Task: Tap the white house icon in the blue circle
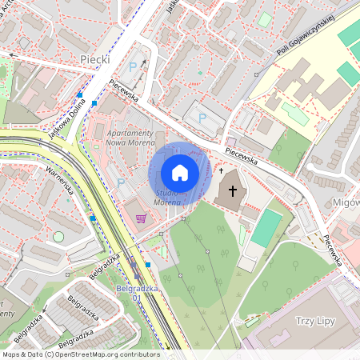[180, 173]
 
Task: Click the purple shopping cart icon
[142, 218]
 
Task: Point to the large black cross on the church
[234, 191]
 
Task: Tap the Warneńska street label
[61, 184]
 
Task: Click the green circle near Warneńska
[58, 237]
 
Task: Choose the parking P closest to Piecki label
[133, 67]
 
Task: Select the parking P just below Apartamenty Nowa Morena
[121, 182]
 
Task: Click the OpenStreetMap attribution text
[80, 354]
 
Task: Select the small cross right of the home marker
[221, 170]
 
